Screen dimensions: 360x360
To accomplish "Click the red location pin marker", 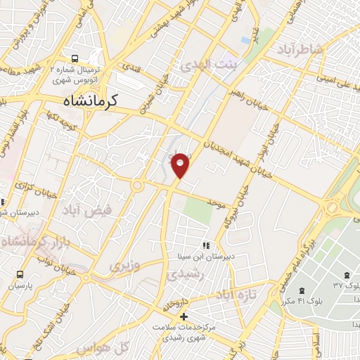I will click(x=181, y=165).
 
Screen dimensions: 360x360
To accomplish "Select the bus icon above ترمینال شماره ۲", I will click(x=75, y=59).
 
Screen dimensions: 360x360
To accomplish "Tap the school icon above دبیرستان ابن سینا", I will click(x=206, y=245).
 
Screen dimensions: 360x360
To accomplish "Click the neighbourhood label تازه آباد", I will click(x=233, y=293).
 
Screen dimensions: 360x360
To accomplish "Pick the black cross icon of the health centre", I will click(x=184, y=317).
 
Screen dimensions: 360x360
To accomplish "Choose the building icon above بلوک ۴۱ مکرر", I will click(x=302, y=291).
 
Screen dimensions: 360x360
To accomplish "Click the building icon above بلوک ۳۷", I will click(x=346, y=274).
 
